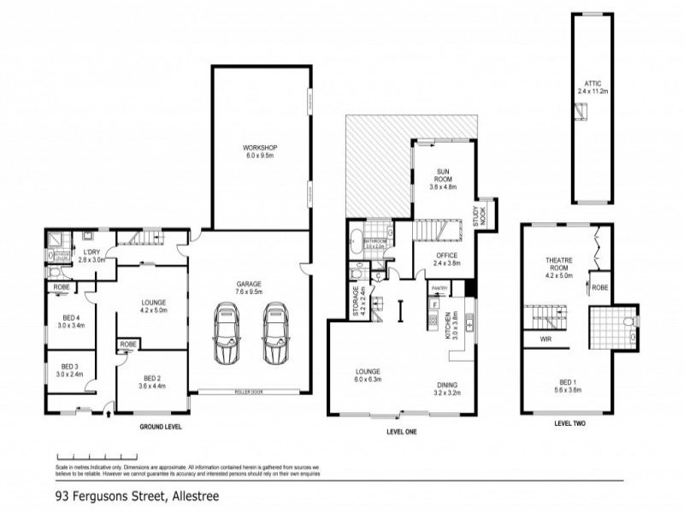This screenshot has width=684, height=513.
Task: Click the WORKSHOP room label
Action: (x=260, y=148)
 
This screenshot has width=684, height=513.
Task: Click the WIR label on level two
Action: (x=544, y=339)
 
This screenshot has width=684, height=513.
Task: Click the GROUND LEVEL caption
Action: (x=161, y=425)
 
